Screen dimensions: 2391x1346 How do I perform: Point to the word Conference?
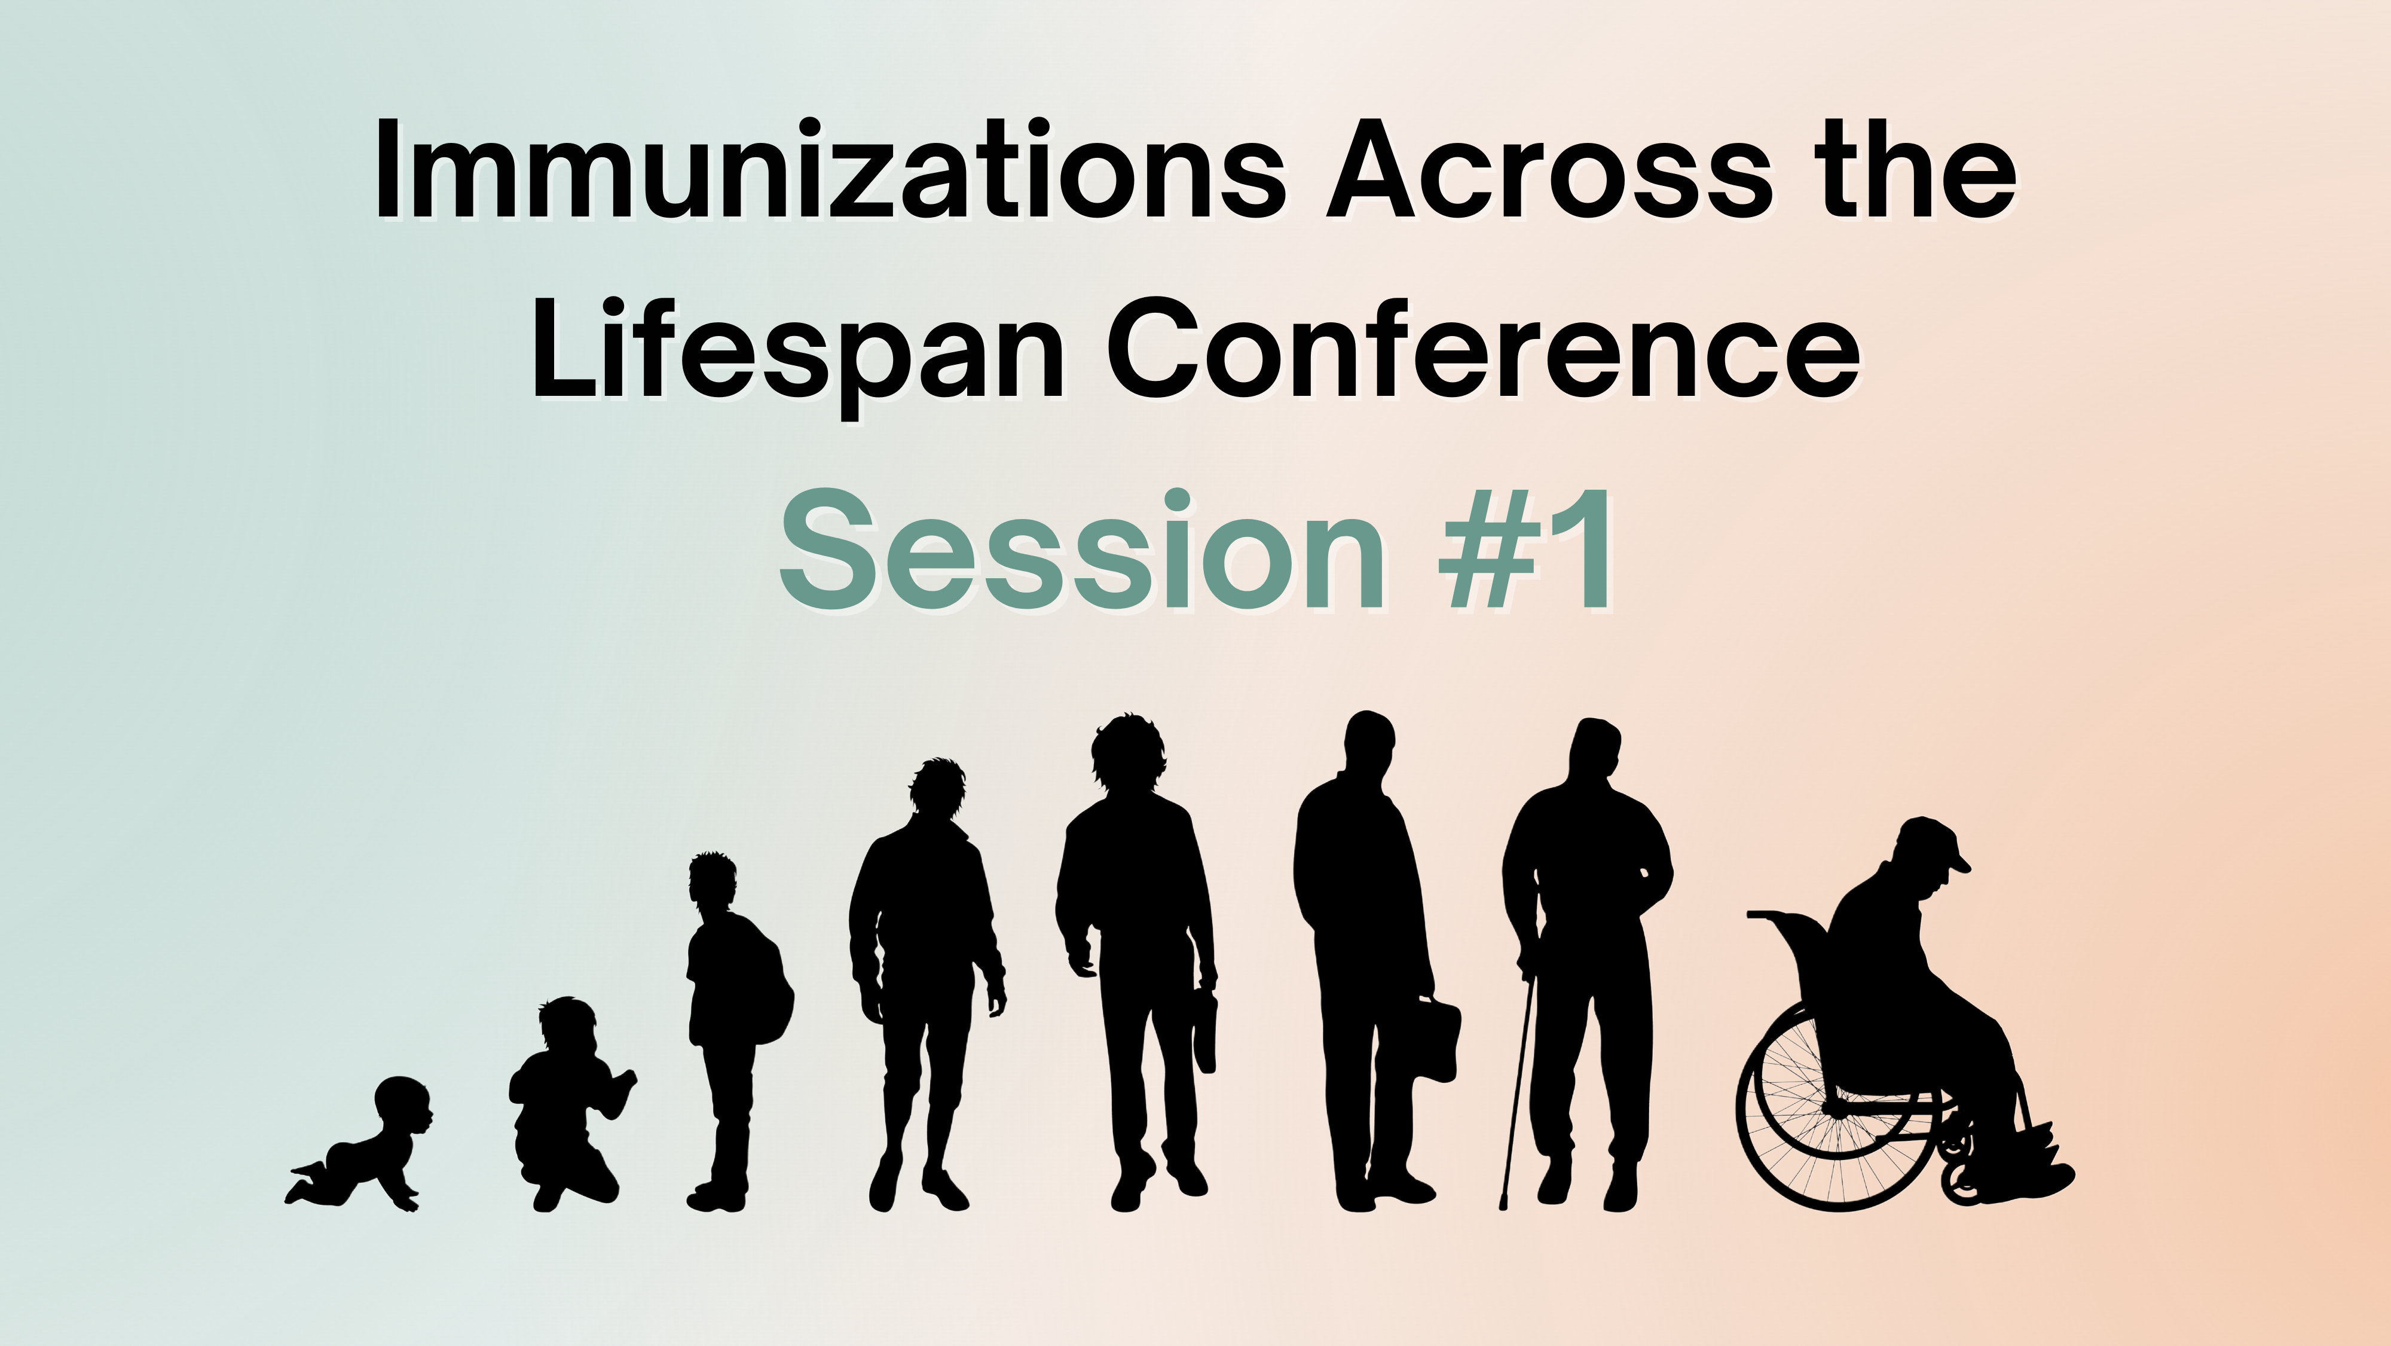pyautogui.click(x=1483, y=349)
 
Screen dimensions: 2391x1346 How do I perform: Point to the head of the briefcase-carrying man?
pyautogui.click(x=1369, y=747)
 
